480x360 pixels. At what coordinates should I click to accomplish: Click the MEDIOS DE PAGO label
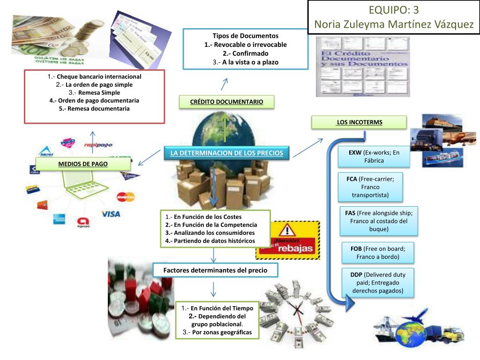82,164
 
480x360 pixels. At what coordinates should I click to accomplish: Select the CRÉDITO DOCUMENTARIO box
226,102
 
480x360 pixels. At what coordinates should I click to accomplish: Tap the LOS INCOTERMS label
359,122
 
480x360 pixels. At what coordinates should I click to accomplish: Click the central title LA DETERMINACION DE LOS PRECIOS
226,153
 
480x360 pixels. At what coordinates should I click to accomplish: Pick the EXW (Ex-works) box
374,157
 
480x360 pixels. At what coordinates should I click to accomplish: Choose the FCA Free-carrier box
370,187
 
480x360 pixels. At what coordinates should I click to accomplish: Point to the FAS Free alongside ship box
379,221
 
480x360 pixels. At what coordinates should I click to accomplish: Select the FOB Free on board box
378,253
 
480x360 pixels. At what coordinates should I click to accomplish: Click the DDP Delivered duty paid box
378,283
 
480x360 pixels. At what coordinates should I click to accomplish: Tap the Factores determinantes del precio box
215,270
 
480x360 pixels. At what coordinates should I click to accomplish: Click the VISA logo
111,214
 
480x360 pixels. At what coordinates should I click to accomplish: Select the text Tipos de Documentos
245,36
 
